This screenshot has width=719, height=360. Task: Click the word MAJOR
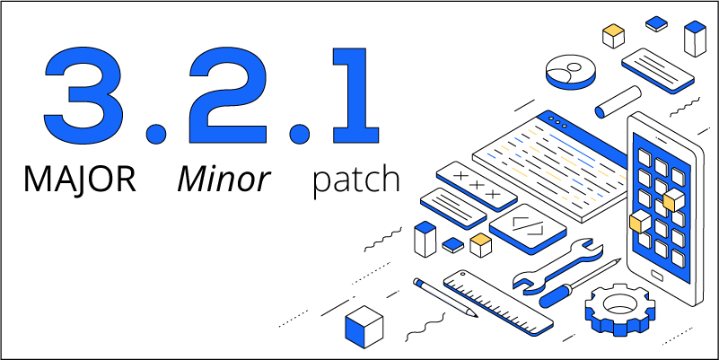click(x=80, y=180)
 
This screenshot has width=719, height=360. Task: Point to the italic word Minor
click(x=223, y=180)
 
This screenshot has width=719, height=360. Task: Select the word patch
click(x=355, y=180)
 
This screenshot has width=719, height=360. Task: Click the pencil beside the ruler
click(x=444, y=296)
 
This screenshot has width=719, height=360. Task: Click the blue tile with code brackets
click(x=528, y=225)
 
